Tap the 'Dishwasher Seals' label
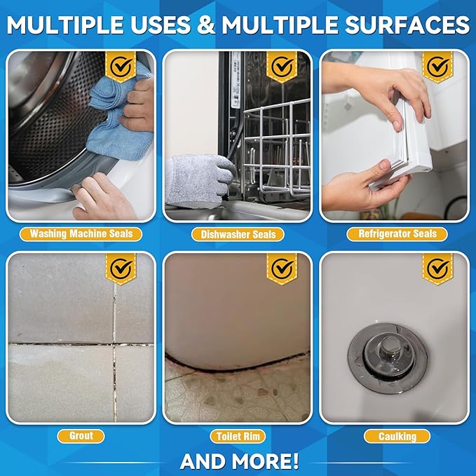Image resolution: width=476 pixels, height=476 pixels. [238, 234]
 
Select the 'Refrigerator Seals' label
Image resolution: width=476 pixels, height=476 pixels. [397, 234]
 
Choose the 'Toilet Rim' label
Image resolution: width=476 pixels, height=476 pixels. [238, 436]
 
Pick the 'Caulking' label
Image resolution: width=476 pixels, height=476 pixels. [397, 436]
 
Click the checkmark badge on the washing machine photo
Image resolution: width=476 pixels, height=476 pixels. [121, 67]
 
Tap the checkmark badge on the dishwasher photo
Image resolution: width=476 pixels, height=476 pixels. [283, 67]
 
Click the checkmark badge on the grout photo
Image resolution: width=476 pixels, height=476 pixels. [121, 268]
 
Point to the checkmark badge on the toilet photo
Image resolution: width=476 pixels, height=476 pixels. [283, 268]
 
